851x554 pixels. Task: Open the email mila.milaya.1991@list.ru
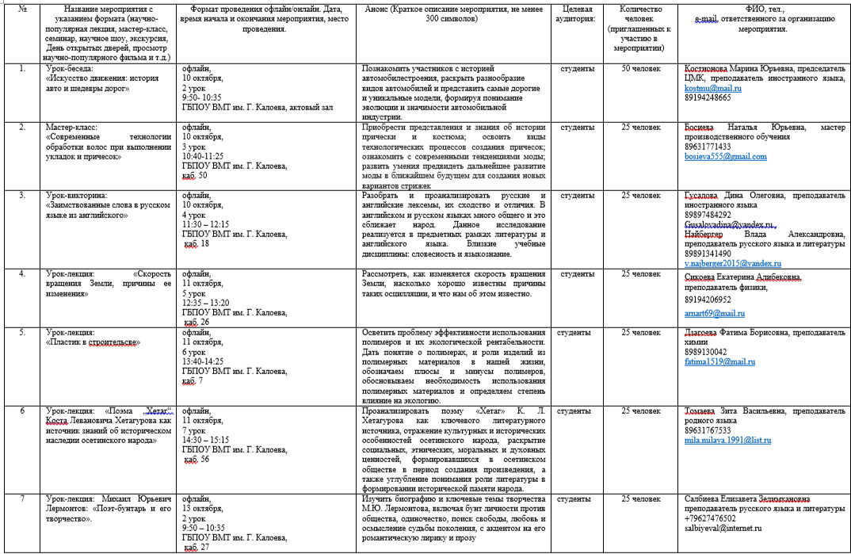[x=727, y=440]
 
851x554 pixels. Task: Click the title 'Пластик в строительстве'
[x=94, y=342]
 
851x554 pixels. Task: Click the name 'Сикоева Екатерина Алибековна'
[x=742, y=277]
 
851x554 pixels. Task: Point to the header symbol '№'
[x=22, y=9]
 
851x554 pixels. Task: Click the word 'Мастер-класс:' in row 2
[x=71, y=127]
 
